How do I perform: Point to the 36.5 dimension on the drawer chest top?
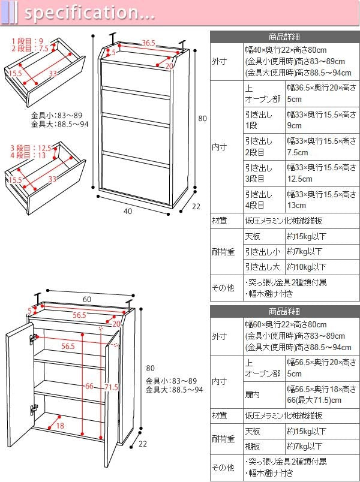pos(148,43)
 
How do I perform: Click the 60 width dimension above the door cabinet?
pos(87,299)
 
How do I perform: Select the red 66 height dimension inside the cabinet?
pos(89,386)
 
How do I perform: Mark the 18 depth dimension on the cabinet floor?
pos(60,426)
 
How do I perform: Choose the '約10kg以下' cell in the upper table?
pos(307,267)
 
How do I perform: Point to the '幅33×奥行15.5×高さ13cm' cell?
pos(321,200)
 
